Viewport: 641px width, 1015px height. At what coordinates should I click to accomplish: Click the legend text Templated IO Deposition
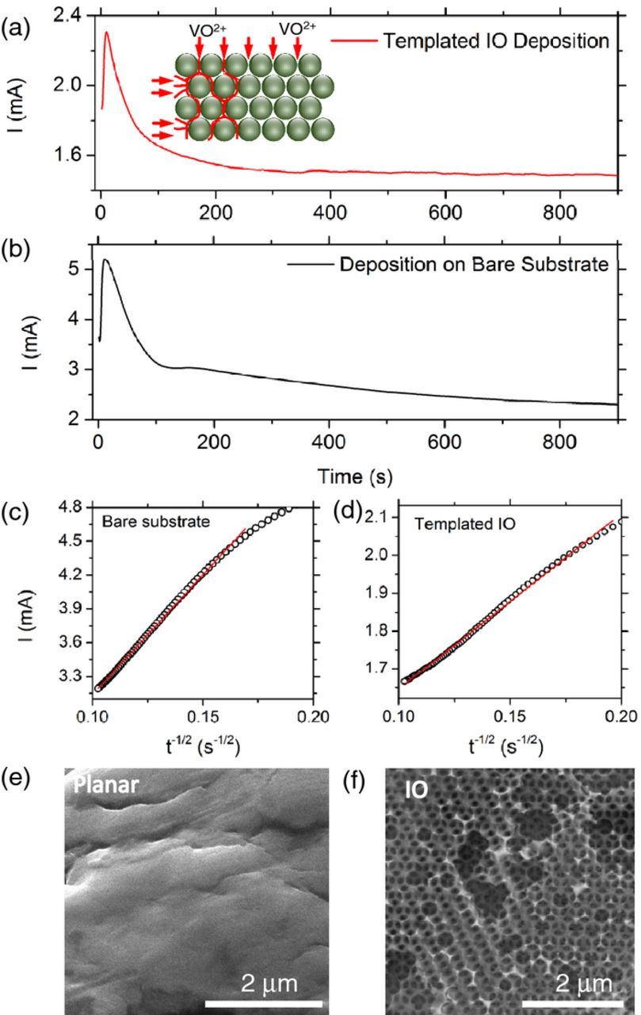pos(496,40)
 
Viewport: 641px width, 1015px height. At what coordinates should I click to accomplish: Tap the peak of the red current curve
pos(106,33)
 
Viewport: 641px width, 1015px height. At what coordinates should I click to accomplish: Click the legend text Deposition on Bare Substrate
pos(473,264)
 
